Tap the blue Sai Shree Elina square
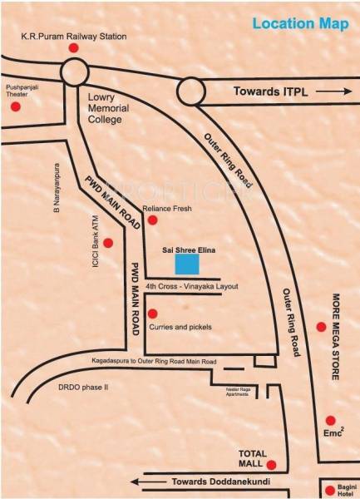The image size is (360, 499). (187, 264)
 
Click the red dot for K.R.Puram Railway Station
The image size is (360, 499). (72, 49)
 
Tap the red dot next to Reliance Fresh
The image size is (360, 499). (152, 220)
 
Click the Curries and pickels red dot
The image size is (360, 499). (152, 314)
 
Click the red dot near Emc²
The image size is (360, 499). (330, 420)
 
